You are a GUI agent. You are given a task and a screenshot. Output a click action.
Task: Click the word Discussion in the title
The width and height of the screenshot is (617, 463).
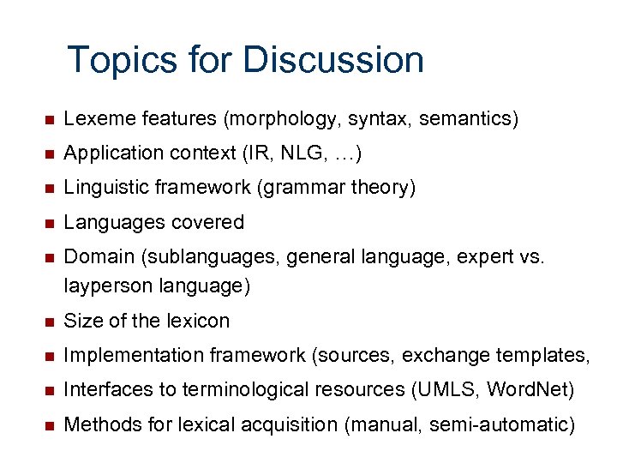[333, 61]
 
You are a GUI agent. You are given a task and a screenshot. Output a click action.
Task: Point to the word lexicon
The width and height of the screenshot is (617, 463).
[198, 321]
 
